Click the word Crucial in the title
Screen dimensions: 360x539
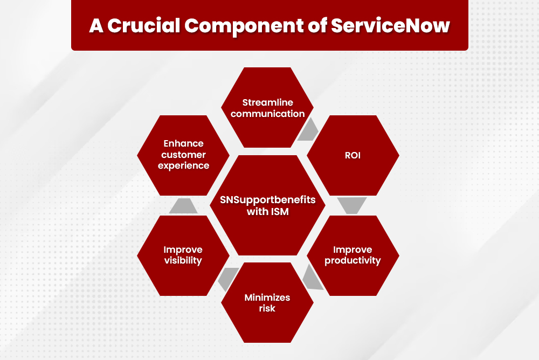(139, 26)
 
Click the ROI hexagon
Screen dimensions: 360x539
(353, 155)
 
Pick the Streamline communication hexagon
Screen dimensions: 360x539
(267, 108)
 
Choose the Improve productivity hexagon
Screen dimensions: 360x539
(353, 255)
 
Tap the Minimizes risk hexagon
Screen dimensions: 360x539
(267, 303)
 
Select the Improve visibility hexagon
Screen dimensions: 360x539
(183, 255)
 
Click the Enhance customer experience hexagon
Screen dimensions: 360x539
(183, 155)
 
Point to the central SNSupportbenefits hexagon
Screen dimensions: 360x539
(268, 205)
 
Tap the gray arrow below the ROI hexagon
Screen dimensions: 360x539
(353, 205)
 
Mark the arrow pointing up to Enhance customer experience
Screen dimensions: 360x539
(183, 205)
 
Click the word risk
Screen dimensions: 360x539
(267, 309)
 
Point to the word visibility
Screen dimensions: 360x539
(183, 261)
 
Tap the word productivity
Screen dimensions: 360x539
(353, 261)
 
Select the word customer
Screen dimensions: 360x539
(183, 155)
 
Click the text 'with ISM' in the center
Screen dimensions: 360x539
(268, 212)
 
